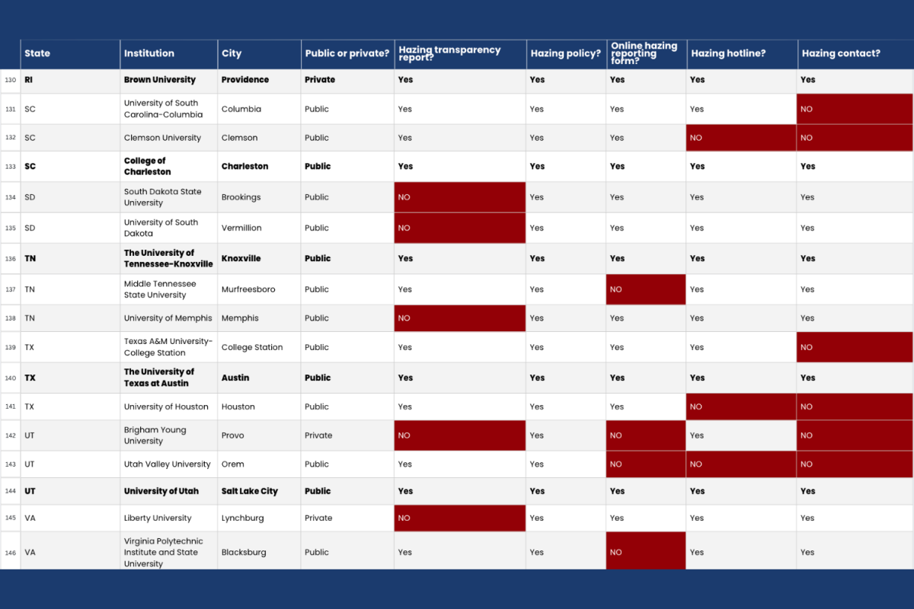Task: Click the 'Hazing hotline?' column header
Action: [x=728, y=53]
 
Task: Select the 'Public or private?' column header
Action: [x=347, y=53]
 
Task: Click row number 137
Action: [x=10, y=289]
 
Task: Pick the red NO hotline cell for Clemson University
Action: [x=741, y=138]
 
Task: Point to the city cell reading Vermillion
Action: [x=241, y=228]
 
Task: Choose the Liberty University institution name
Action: [x=158, y=518]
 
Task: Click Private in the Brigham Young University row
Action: [x=318, y=435]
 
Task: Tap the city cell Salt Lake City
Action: [x=249, y=491]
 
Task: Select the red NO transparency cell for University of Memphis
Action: [x=460, y=318]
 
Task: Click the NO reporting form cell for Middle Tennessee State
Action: [x=646, y=289]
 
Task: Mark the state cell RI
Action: [x=29, y=79]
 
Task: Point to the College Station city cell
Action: [x=252, y=347]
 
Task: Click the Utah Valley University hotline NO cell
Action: [x=741, y=464]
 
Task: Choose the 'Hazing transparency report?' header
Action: [x=449, y=53]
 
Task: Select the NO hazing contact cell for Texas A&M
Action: [x=855, y=347]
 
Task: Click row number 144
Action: [x=10, y=491]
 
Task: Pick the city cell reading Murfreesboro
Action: [x=248, y=289]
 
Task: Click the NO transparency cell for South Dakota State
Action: [x=460, y=197]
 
